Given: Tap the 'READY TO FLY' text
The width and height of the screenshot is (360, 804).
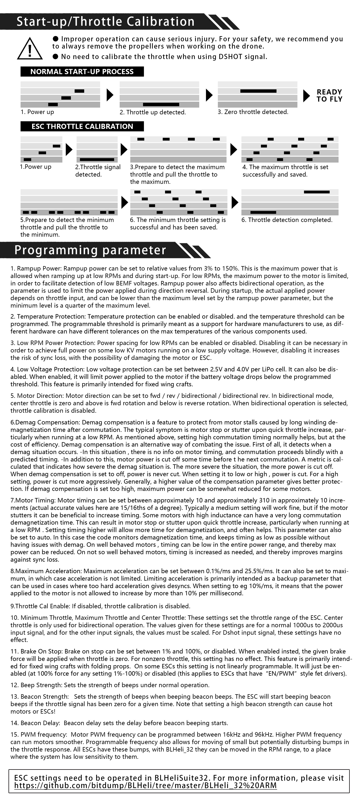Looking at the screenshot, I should [329, 96].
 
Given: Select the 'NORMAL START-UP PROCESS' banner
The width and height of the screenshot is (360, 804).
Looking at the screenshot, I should [82, 71].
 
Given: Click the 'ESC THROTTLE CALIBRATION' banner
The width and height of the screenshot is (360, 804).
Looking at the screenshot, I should [82, 126].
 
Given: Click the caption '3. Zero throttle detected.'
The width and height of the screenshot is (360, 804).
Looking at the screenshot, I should [253, 112].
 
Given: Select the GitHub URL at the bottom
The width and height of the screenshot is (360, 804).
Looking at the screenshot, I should [145, 786].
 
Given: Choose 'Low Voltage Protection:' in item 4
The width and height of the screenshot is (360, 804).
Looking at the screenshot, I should [51, 369].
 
